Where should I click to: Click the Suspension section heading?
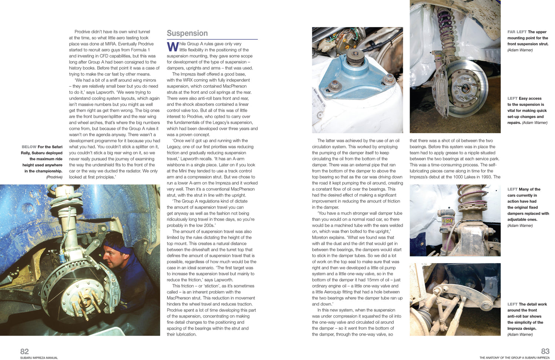click(187, 33)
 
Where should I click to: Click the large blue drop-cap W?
click(173, 47)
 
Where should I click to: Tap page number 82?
click(24, 351)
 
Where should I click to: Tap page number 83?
click(545, 351)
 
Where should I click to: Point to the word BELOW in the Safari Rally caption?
click(29, 147)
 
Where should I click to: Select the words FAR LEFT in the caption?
click(517, 32)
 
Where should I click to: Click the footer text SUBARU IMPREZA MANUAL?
click(39, 358)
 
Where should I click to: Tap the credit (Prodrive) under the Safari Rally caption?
click(54, 177)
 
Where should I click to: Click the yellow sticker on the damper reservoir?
click(448, 221)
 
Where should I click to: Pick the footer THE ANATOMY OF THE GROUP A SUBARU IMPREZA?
click(514, 358)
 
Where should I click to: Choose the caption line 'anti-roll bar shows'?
click(524, 316)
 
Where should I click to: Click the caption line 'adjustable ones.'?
click(522, 219)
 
